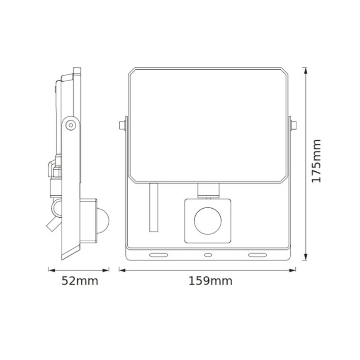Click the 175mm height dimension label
317,161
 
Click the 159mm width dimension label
210,281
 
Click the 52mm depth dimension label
80,281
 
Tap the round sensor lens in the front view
207,220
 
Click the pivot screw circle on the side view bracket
71,124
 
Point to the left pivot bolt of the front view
122,124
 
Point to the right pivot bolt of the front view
294,124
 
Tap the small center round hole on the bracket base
207,254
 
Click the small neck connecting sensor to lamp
207,191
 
